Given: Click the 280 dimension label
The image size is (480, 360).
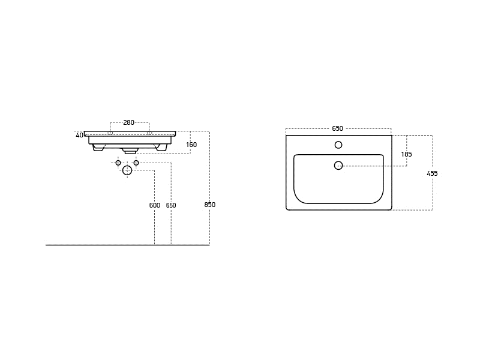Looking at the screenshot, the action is pos(128,122).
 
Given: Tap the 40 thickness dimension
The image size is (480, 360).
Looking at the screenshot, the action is pos(79,135).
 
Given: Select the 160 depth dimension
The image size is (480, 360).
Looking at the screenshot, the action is pos(191,145).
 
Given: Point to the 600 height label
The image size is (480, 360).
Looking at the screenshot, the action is pos(155,205).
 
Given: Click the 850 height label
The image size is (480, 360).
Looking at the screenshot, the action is pos(209,205).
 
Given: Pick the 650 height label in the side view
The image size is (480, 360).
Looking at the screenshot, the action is pos(171,205).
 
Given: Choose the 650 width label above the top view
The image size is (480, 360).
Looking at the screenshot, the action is pos(337,128).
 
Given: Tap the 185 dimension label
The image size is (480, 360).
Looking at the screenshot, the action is pos(406,154).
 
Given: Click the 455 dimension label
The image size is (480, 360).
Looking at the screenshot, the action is pos(432,173).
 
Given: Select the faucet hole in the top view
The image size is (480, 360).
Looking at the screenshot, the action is pos(338,145).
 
